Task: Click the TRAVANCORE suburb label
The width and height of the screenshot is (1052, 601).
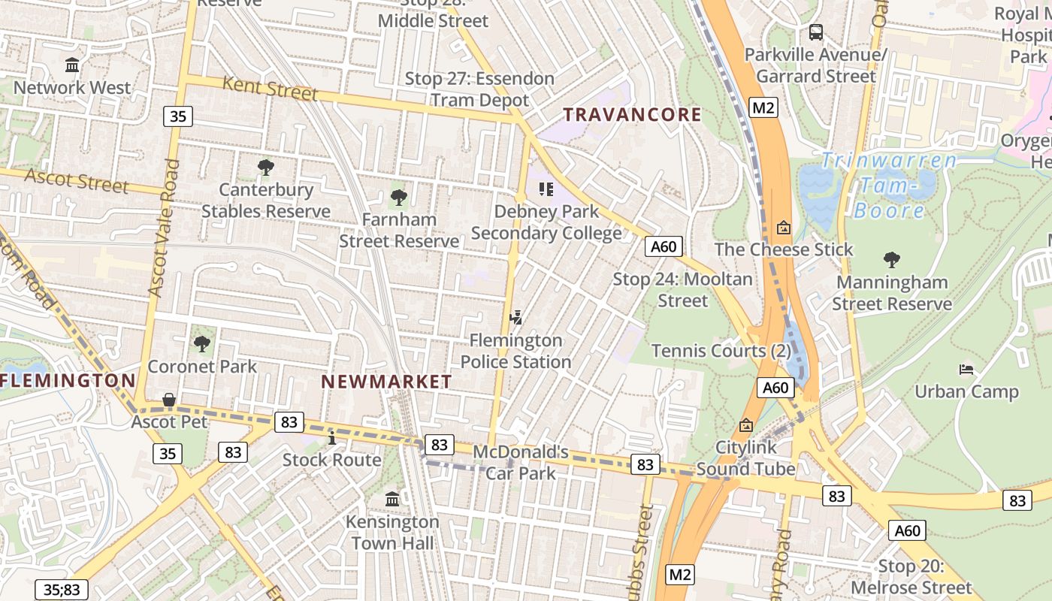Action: point(632,115)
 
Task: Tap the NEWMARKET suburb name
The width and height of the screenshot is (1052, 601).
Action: point(386,382)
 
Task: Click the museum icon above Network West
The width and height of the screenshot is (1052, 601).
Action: point(72,65)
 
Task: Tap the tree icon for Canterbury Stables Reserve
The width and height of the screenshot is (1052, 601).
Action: point(265,167)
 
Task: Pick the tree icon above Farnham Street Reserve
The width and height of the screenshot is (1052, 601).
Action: point(399,198)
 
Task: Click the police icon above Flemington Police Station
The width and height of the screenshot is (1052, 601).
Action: point(515,318)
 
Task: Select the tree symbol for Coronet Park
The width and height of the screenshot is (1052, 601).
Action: point(201,344)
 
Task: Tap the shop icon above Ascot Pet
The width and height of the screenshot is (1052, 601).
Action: point(169,400)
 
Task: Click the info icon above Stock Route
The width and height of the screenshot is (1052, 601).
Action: point(331,437)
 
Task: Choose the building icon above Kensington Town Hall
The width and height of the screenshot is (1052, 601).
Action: point(392,499)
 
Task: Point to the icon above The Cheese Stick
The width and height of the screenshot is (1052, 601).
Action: point(784,227)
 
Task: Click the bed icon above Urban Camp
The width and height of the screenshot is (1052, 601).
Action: point(966,369)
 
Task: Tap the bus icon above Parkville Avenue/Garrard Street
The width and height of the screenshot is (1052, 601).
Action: point(815,32)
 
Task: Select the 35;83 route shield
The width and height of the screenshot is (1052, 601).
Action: point(61,590)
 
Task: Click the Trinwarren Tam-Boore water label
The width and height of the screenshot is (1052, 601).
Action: point(889,185)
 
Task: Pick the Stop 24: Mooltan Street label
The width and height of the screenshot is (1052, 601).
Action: point(682,290)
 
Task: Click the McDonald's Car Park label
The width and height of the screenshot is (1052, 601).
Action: point(521,463)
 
